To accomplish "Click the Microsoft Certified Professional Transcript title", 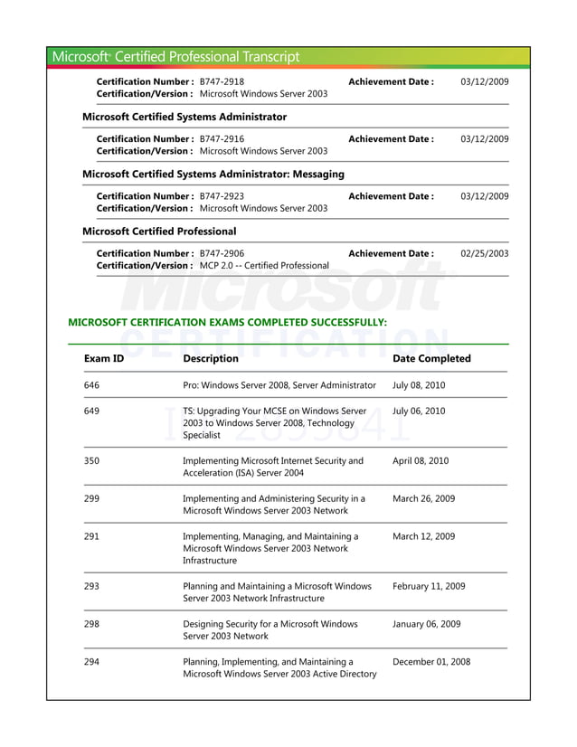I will [175, 57].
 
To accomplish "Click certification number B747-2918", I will [222, 81].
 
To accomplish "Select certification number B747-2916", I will [222, 139].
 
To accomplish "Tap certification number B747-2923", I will [222, 196].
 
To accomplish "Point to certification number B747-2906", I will [222, 253].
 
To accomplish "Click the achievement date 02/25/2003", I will [484, 253].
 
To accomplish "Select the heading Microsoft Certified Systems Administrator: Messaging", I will [213, 174].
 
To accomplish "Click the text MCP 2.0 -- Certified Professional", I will [264, 266].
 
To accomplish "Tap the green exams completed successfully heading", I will [228, 322].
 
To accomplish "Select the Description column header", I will [210, 359].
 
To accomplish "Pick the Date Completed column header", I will [431, 359].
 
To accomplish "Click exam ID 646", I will [91, 385].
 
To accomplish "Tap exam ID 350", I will [91, 461].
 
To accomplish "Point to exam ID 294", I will [91, 662].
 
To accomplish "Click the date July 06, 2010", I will [419, 411].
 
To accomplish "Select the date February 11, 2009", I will [429, 587].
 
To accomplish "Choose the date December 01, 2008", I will [431, 662].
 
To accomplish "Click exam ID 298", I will [91, 624].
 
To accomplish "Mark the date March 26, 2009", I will [423, 498].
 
